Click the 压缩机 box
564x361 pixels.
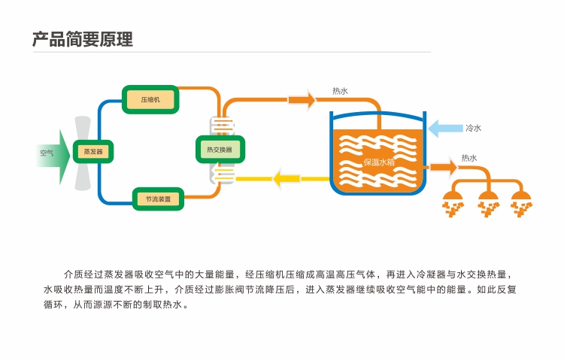pos(150,100)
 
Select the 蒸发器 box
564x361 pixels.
pos(93,151)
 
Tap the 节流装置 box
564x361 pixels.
pos(158,199)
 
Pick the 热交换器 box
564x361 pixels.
pos(220,149)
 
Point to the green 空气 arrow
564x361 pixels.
pos(52,153)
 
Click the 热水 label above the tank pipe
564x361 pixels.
pos(340,92)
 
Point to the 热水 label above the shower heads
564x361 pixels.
pos(468,158)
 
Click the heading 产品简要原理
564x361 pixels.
pos(83,39)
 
